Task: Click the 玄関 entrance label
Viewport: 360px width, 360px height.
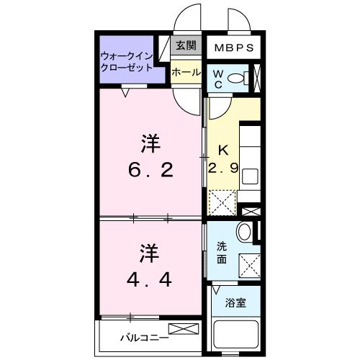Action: (x=186, y=45)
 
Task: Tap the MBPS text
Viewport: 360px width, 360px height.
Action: (x=234, y=48)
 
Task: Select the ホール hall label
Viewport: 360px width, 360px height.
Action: (x=186, y=72)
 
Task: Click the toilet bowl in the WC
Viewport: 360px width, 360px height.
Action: (x=235, y=78)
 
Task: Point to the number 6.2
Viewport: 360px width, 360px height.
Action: (x=150, y=170)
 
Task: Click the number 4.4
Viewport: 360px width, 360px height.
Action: (x=149, y=279)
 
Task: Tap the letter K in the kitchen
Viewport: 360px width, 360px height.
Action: (x=223, y=150)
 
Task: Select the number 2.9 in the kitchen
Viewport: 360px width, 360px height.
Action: (x=223, y=168)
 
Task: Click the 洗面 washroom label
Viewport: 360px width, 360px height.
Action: (x=222, y=253)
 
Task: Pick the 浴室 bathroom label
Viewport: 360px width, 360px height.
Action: (x=235, y=303)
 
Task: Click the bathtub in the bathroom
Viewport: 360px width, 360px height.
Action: (x=236, y=336)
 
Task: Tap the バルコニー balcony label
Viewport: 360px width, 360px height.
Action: (x=145, y=338)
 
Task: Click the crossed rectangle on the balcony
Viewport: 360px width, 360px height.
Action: (x=184, y=329)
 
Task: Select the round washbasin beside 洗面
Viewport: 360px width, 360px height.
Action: (x=244, y=232)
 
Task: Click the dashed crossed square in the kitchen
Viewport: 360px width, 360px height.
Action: (x=222, y=202)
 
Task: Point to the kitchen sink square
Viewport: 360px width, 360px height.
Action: (x=251, y=176)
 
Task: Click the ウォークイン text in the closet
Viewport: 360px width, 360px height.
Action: (x=127, y=57)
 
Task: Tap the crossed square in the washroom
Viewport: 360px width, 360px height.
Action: (x=250, y=266)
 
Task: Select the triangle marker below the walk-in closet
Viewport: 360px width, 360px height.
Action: (x=125, y=93)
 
